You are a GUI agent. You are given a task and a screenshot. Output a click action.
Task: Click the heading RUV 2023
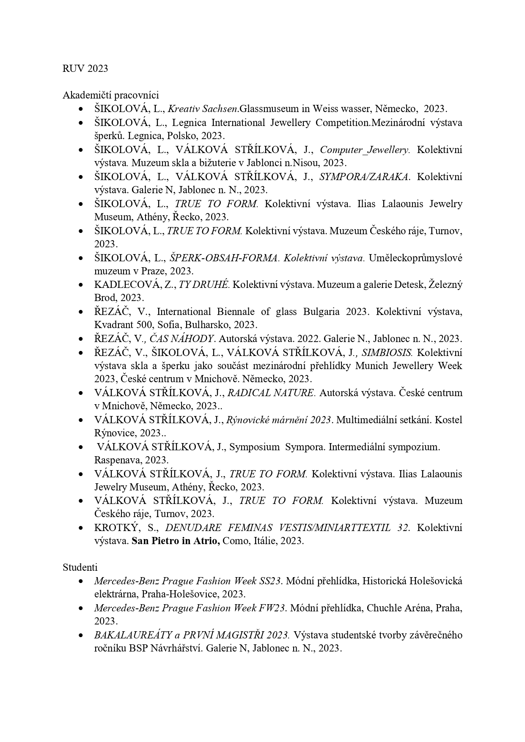click(x=85, y=68)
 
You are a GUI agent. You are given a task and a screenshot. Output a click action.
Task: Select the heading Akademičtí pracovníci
click(x=110, y=95)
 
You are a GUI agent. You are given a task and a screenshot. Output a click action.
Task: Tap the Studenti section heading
click(x=80, y=567)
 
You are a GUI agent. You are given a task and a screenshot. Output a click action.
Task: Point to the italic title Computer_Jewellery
click(x=364, y=150)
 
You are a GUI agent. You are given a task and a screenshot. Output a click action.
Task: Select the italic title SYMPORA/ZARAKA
click(x=364, y=177)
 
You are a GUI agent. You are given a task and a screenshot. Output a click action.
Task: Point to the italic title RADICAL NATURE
click(x=271, y=393)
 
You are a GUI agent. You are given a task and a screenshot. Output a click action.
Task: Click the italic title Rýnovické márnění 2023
click(x=279, y=420)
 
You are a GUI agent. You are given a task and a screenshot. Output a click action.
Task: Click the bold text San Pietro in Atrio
click(x=176, y=541)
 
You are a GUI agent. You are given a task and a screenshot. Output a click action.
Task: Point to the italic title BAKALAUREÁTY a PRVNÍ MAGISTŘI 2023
click(x=192, y=635)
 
